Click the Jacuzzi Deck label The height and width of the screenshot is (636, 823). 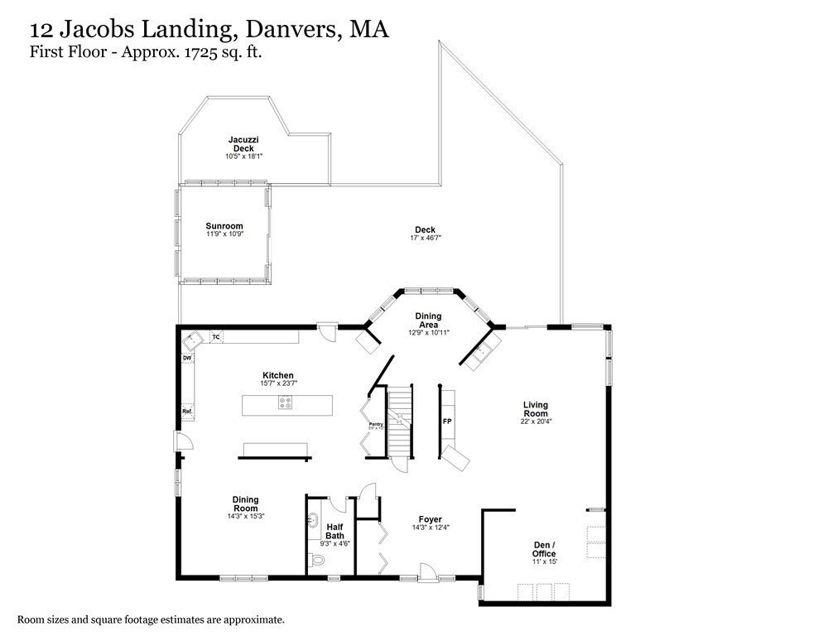click(243, 144)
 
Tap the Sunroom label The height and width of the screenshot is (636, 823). click(224, 225)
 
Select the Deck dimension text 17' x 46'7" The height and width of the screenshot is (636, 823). click(425, 238)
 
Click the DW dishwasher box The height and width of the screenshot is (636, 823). click(187, 358)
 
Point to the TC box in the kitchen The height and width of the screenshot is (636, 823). click(216, 337)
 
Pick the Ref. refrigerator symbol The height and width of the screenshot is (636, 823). click(187, 411)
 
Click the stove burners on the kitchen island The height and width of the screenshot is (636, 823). click(286, 404)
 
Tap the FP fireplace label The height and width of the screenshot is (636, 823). click(447, 422)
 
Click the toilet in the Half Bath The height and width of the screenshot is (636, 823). click(319, 561)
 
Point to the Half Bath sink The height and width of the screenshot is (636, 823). click(314, 521)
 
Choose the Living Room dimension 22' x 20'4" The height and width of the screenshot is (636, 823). click(536, 421)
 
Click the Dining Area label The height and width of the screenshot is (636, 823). click(428, 320)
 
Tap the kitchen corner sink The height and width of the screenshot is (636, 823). click(194, 340)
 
